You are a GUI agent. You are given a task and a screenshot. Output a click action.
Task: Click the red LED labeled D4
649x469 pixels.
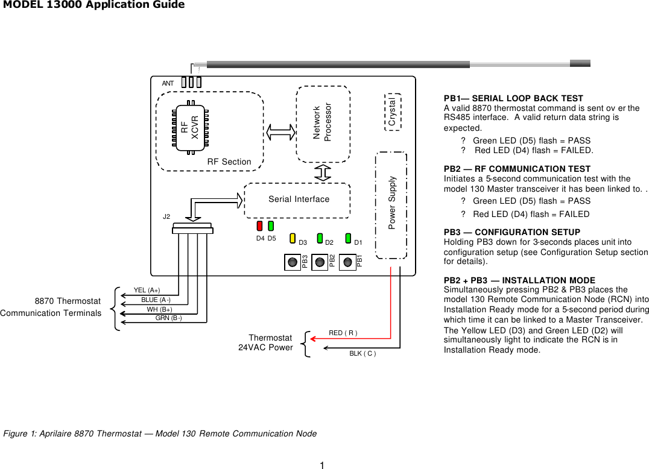259,226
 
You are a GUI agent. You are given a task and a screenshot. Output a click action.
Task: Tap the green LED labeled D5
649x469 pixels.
271,226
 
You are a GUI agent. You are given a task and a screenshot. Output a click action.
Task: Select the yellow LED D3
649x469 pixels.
293,238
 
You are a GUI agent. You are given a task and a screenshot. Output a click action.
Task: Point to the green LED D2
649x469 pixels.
320,238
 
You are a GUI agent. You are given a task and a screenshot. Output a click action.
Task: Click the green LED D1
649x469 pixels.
348,238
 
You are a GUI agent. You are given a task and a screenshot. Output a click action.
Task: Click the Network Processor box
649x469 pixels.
323,124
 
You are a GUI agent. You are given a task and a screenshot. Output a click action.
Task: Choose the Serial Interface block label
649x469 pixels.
299,200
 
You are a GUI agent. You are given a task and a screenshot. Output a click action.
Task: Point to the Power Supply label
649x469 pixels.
392,203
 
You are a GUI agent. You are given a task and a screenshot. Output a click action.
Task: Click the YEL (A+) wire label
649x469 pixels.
147,291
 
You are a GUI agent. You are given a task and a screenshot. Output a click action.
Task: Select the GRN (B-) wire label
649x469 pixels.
168,318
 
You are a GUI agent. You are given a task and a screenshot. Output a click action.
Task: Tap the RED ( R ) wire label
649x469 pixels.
343,333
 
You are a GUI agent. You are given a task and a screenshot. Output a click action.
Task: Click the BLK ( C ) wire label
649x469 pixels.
362,353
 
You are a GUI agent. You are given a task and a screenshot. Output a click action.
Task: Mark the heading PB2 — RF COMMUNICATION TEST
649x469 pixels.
517,169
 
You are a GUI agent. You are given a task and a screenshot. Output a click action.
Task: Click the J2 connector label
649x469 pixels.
166,216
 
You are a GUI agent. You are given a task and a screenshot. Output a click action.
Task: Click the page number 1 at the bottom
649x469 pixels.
323,465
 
